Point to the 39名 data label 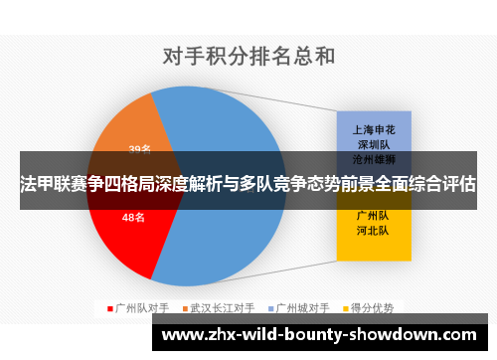140,149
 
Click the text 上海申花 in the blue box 373,129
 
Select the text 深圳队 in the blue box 373,144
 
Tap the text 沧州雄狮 373,159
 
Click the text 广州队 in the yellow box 373,215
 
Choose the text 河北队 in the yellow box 373,231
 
